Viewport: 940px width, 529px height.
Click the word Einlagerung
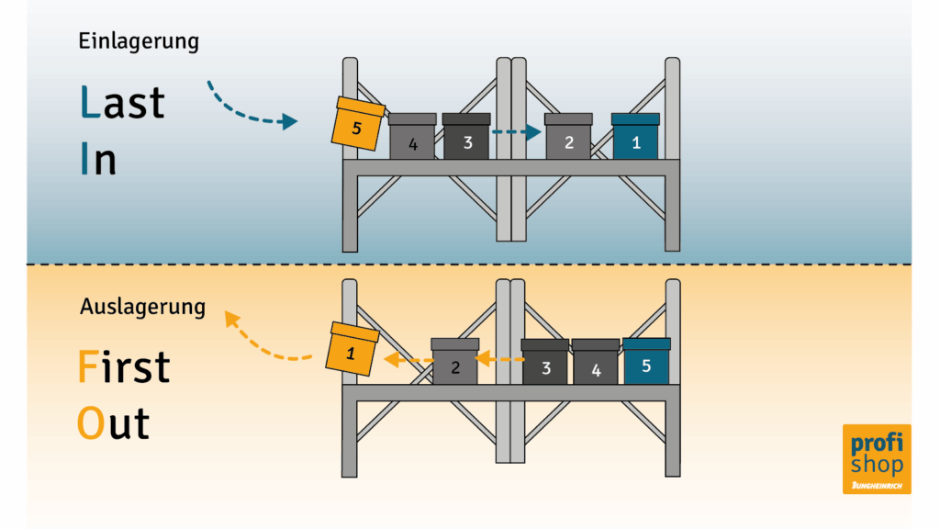[139, 41]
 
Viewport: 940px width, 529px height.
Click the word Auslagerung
[142, 307]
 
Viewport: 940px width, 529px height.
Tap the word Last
[122, 102]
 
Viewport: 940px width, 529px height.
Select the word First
[124, 366]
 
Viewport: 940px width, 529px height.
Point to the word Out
[113, 423]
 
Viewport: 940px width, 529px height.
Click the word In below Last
[98, 158]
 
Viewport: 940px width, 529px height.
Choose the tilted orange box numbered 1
[352, 349]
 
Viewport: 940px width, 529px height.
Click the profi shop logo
[877, 459]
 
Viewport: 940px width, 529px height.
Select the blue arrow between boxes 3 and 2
[517, 132]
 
